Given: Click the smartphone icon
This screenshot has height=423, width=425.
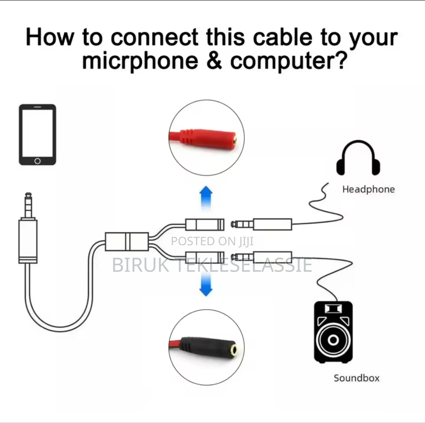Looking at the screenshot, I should click(37, 135).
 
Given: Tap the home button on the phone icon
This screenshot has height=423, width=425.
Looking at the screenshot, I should click(37, 161).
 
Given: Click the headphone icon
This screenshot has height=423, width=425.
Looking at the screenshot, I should click(358, 158).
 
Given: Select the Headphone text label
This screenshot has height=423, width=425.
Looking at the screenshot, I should click(368, 189).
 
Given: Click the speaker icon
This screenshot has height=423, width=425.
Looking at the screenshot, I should click(333, 332).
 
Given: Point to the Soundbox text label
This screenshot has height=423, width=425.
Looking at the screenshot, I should click(356, 378).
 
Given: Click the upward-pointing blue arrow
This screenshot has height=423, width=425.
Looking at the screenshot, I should click(206, 198).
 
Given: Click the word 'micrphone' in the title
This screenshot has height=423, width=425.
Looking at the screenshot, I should click(140, 61).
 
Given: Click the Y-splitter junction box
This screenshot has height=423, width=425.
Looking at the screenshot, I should click(127, 241).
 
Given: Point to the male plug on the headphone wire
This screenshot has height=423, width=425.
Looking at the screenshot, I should click(262, 224).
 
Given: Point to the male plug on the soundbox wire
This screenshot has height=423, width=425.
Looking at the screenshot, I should click(262, 257).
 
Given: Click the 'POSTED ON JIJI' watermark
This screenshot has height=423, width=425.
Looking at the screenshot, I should click(212, 241).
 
